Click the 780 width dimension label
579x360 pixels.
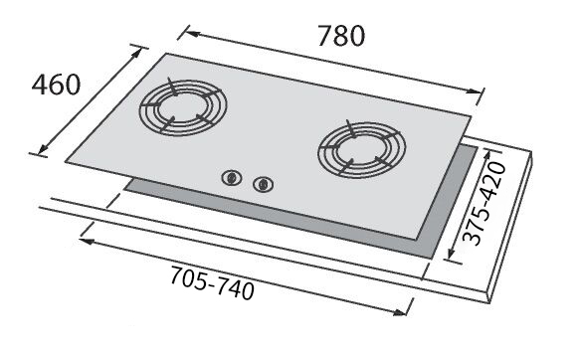pyautogui.click(x=341, y=36)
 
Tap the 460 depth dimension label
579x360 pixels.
pyautogui.click(x=56, y=85)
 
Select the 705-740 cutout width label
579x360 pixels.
pyautogui.click(x=212, y=282)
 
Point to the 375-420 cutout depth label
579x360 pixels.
pyautogui.click(x=483, y=204)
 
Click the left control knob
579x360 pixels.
pyautogui.click(x=232, y=178)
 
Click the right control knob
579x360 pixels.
pyautogui.click(x=263, y=184)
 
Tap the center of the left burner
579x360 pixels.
pyautogui.click(x=183, y=106)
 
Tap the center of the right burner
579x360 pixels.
pyautogui.click(x=362, y=148)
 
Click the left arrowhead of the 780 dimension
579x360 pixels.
pyautogui.click(x=191, y=34)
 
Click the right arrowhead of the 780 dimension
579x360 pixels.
pyautogui.click(x=474, y=91)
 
